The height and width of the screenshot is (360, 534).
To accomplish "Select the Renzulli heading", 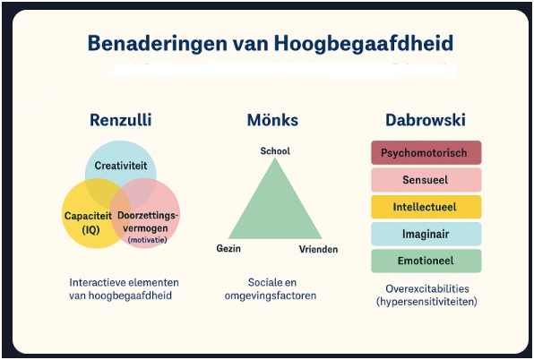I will coord(121,121).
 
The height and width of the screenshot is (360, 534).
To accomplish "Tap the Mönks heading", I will coord(273,121).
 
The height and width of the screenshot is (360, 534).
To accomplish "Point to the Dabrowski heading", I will coord(426,121).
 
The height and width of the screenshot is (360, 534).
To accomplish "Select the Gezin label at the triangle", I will coord(228,248).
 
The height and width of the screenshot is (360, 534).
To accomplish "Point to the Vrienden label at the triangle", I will coord(318,248).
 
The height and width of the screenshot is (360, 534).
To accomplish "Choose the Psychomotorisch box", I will coord(426,153).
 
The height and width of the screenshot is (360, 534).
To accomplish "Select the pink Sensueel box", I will coord(426,180).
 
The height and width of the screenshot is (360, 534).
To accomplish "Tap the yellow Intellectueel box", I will coord(426,207).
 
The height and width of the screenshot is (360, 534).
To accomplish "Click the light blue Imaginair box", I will coord(426,234).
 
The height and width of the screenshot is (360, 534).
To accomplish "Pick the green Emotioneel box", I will coord(426,261).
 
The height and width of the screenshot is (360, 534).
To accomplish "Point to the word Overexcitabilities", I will coord(426,288).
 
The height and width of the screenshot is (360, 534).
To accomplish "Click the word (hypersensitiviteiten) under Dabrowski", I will coord(426,302).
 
